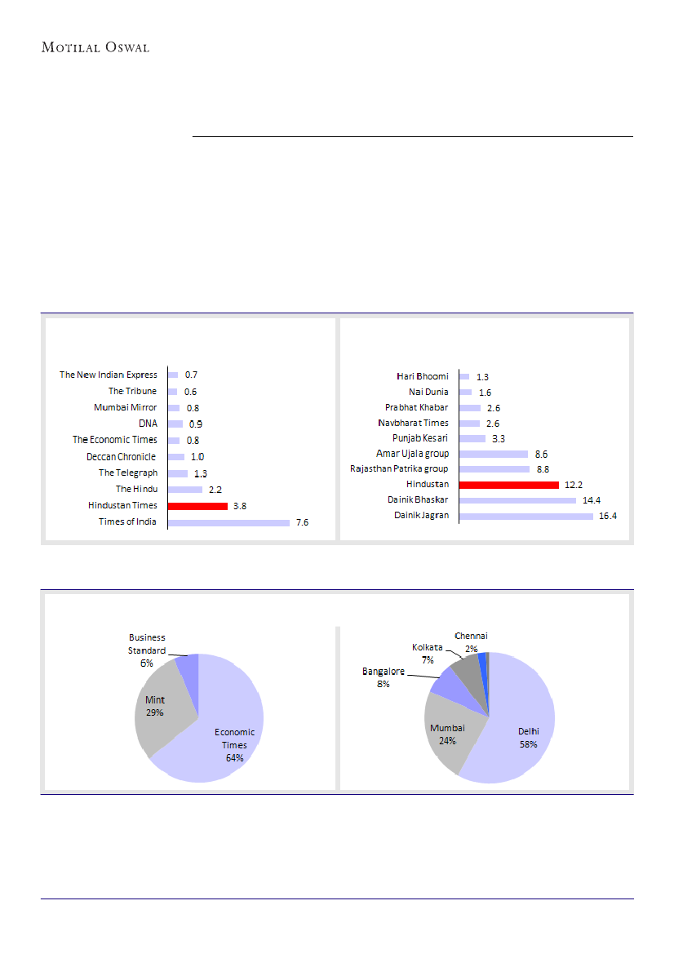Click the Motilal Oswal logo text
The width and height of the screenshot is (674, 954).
point(95,47)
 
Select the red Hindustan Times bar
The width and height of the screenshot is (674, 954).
point(197,506)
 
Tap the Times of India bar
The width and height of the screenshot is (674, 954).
point(228,522)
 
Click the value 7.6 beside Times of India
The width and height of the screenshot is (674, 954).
point(302,522)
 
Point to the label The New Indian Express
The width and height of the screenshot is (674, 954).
point(108,375)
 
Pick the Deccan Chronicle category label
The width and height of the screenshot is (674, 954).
point(121,456)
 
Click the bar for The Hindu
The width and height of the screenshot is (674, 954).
point(185,490)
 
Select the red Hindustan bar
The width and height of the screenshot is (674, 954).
point(509,485)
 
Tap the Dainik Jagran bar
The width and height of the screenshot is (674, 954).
point(526,516)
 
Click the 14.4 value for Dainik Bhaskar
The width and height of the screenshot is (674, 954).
point(590,500)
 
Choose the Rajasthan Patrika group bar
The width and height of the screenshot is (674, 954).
point(494,469)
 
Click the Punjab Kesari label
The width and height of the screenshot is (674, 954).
point(426,438)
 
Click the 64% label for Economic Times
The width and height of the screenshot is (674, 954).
point(235,757)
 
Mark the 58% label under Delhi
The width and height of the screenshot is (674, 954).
point(529,743)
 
